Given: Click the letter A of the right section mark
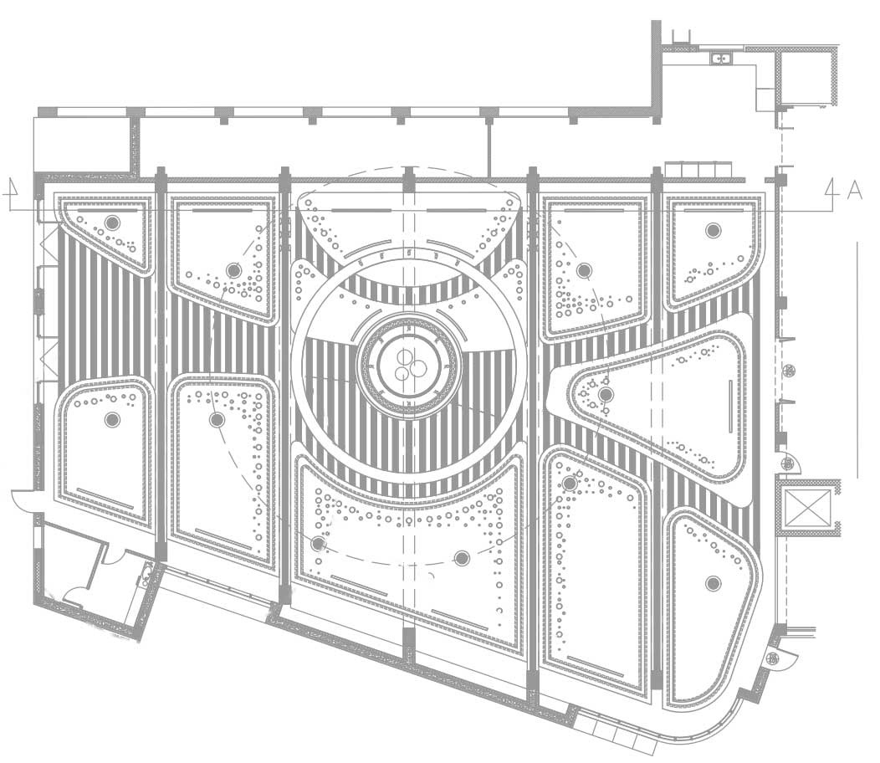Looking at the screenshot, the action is (x=854, y=190).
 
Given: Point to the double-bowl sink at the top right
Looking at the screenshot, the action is (x=720, y=58).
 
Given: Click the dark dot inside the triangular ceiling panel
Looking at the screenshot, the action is (x=606, y=394).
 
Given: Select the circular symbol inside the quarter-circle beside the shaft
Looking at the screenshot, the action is (x=785, y=463).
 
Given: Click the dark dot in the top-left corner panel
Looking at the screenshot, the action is (x=112, y=223).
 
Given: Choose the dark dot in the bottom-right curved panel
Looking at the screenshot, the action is (x=713, y=583).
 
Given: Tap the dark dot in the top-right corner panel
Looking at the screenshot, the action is (x=713, y=230).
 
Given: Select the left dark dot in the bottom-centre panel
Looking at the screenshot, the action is (x=318, y=544).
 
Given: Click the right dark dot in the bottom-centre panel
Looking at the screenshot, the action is (x=462, y=557).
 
